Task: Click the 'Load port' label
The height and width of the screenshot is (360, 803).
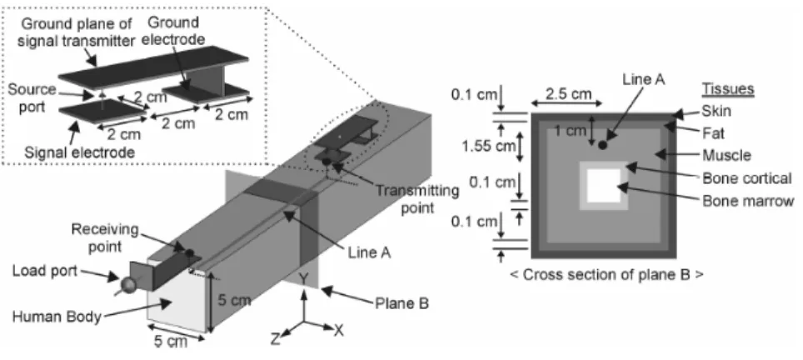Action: (x=45, y=271)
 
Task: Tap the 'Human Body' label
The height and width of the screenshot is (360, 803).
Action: (x=57, y=317)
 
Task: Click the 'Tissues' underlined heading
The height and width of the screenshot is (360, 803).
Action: (x=728, y=88)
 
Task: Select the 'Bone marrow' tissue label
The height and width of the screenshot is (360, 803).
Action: (x=748, y=202)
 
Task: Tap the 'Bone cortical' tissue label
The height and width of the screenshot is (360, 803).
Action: (x=747, y=178)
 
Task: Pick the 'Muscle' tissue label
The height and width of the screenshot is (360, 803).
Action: (x=726, y=155)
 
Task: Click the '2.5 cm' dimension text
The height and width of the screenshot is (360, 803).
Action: (x=568, y=94)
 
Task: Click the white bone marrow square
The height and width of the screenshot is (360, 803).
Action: (x=603, y=185)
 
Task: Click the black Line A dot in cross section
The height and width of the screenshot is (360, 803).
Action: (x=603, y=145)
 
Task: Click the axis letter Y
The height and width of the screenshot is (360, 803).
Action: (x=304, y=278)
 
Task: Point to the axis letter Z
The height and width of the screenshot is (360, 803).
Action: (x=276, y=339)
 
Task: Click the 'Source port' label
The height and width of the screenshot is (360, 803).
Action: (x=32, y=97)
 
